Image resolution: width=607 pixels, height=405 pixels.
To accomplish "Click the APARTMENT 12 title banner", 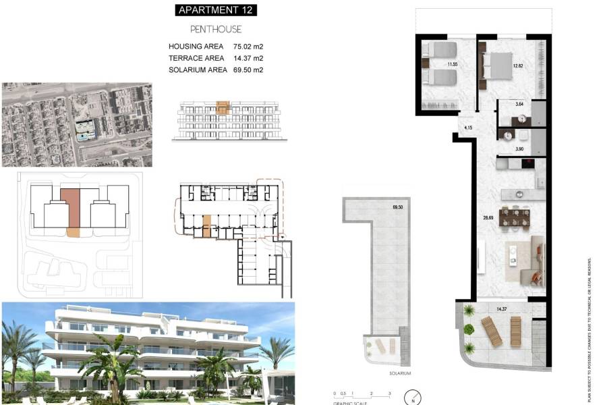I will tap(216, 10).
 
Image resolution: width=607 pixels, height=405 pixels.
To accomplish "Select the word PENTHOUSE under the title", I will tap(216, 30).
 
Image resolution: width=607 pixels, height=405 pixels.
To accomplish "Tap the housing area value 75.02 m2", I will tap(248, 47).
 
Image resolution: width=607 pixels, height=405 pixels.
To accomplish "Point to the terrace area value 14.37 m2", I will tap(248, 58).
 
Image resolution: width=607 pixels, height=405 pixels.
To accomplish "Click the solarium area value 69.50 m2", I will tap(248, 70).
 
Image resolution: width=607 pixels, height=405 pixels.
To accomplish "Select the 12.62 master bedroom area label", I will tap(518, 65).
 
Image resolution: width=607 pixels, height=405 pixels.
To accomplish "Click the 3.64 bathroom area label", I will tap(519, 104).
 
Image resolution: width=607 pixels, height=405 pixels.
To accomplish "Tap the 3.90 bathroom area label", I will tap(519, 148).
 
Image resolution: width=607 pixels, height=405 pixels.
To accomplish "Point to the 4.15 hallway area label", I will tap(469, 128).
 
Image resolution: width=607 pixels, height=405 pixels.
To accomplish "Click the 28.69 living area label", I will tap(487, 218).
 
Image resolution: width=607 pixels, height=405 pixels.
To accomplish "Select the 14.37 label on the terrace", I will tap(501, 309).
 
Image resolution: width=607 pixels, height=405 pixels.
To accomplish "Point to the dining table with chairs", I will tap(516, 217).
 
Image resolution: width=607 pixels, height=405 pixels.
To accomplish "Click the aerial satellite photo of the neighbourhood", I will tap(76, 125).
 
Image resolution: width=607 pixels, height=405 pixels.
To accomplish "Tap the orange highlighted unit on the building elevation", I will tap(223, 107).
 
